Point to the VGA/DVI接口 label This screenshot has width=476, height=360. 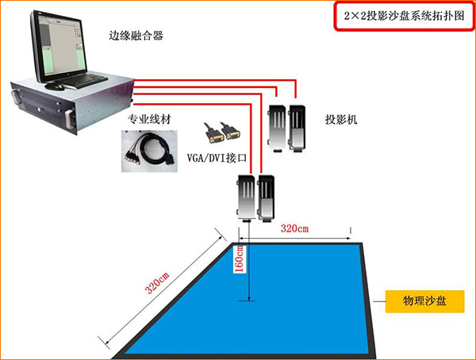(x=217, y=159)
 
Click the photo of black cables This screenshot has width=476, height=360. (x=152, y=151)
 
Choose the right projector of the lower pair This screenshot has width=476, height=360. (x=266, y=196)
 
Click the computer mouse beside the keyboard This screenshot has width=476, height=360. (x=50, y=86)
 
